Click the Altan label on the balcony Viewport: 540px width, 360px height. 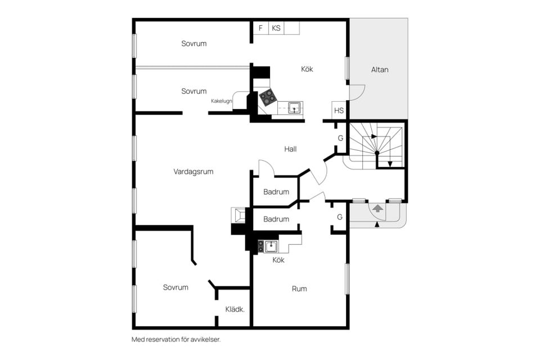380,70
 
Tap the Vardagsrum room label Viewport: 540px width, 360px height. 193,172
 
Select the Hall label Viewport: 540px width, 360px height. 290,149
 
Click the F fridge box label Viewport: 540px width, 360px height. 260,28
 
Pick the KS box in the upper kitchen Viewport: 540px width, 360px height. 276,28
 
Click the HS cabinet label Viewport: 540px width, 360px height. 339,111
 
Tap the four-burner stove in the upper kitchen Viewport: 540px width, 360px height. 268,97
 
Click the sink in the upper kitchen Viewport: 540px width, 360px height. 294,108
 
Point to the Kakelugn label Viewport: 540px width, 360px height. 222,101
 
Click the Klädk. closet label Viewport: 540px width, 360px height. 235,309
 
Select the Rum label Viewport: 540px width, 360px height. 299,289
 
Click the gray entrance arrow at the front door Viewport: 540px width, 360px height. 378,208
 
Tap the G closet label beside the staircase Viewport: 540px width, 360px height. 340,138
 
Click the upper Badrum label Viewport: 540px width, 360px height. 276,192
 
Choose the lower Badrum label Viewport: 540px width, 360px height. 276,219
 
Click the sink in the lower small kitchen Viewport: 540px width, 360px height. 271,246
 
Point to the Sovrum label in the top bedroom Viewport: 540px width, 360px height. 194,43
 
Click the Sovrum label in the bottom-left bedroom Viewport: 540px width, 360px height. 175,287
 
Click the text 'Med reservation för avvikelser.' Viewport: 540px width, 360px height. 176,340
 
